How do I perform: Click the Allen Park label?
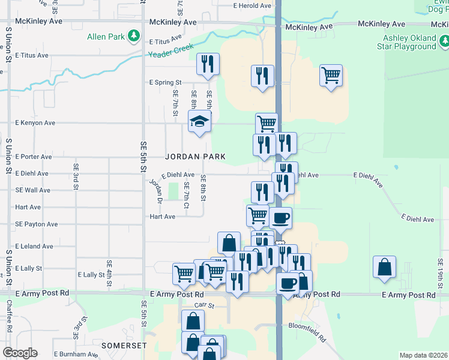coord(106,37)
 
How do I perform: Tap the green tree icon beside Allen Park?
coord(134,37)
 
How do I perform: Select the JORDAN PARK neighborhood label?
coord(196,157)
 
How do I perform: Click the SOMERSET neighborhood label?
coord(124,346)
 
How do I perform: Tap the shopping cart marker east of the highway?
coord(331,76)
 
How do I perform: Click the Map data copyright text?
coord(423,355)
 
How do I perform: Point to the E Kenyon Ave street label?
coord(35,122)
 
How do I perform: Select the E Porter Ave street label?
coord(34,157)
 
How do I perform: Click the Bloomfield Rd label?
coord(306,329)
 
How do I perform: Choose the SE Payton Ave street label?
coord(36,224)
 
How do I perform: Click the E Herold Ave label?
coord(253,6)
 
